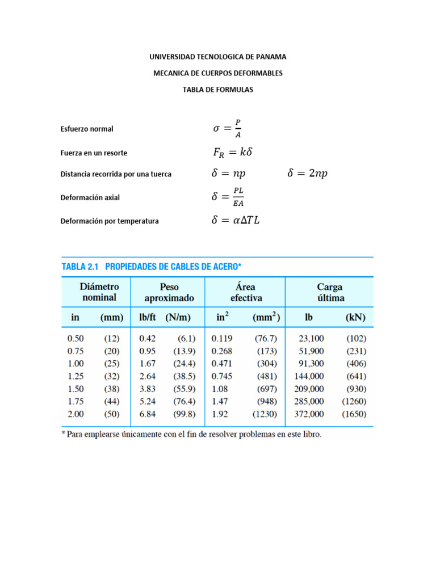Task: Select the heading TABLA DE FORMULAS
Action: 218,90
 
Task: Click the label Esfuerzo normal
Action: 87,129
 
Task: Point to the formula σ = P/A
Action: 227,128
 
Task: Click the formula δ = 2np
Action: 308,174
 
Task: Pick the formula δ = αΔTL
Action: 235,221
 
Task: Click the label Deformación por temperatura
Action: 110,221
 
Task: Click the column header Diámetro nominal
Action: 99,292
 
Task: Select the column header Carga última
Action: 329,292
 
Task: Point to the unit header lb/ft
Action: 149,318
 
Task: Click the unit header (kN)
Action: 355,318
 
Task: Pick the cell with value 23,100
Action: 311,338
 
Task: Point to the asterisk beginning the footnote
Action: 64,434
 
